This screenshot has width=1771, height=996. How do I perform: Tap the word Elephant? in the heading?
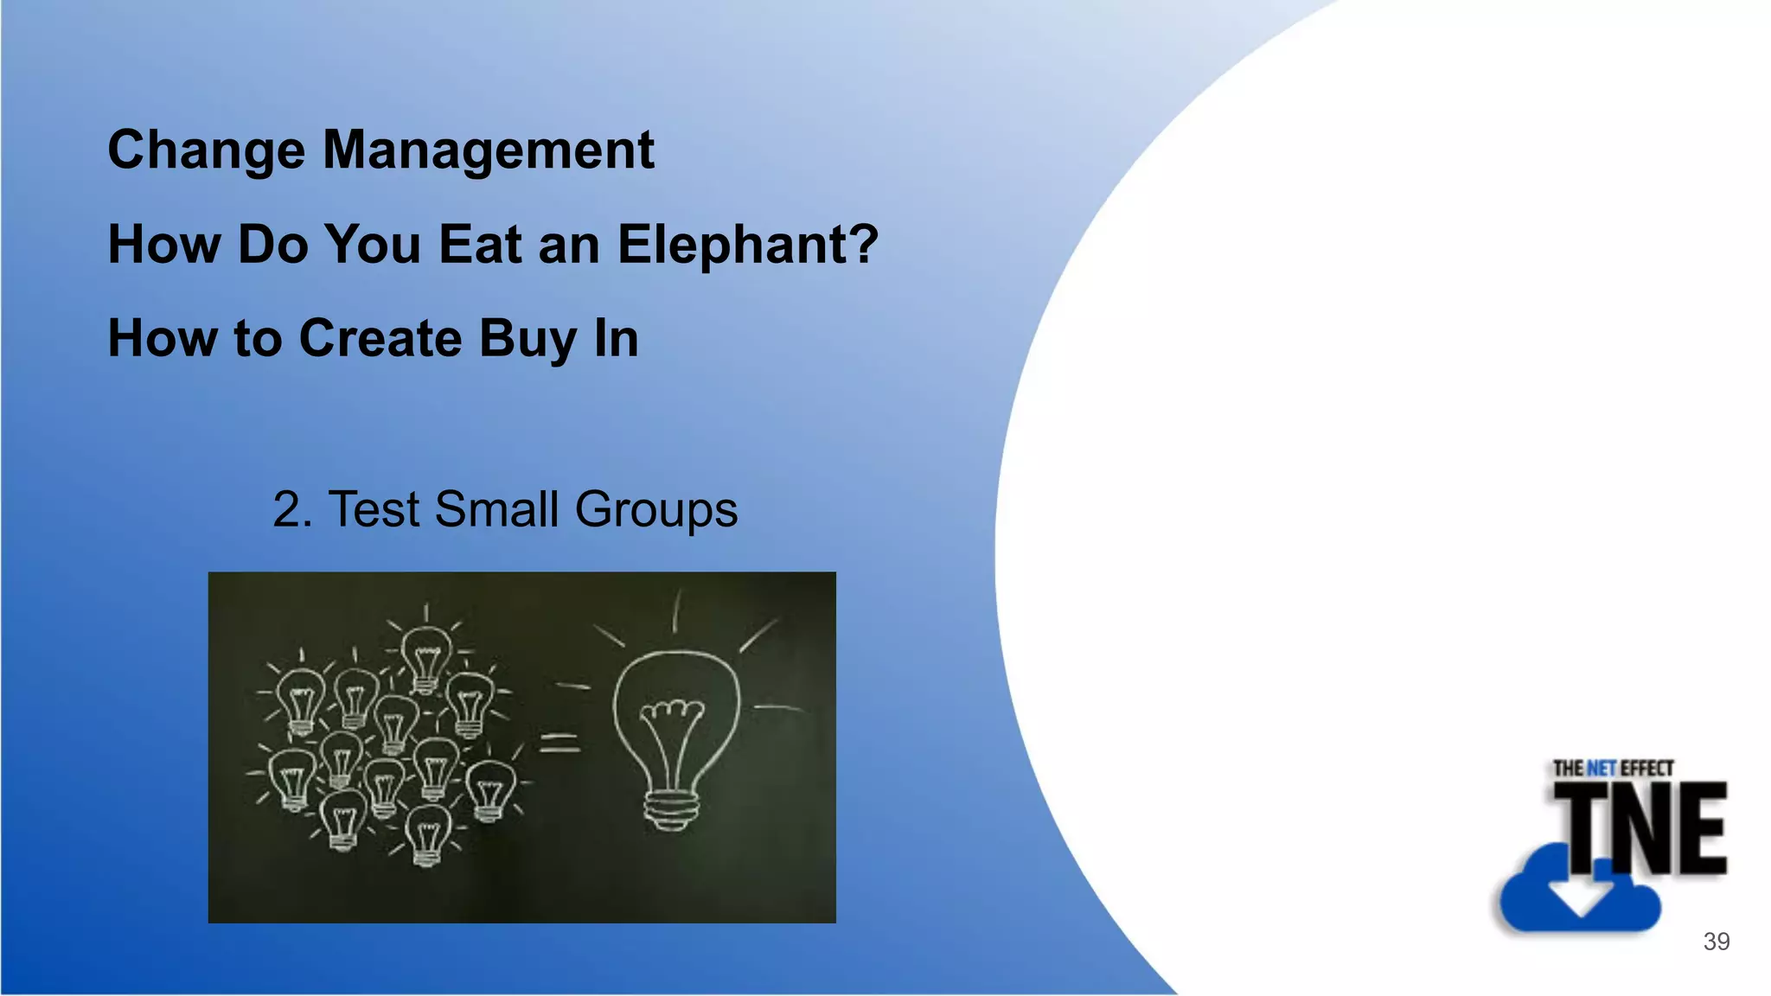tap(748, 246)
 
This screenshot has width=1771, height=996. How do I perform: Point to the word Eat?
tap(480, 244)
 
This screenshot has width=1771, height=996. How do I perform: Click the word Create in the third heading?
tap(380, 338)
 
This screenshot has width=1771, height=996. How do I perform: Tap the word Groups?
tap(656, 511)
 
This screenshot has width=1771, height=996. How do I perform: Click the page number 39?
tap(1717, 942)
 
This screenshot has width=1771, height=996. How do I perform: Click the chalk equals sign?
tap(559, 743)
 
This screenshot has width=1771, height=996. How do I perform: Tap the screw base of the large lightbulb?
tap(671, 812)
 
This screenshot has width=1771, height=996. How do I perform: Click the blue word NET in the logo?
tap(1602, 768)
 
